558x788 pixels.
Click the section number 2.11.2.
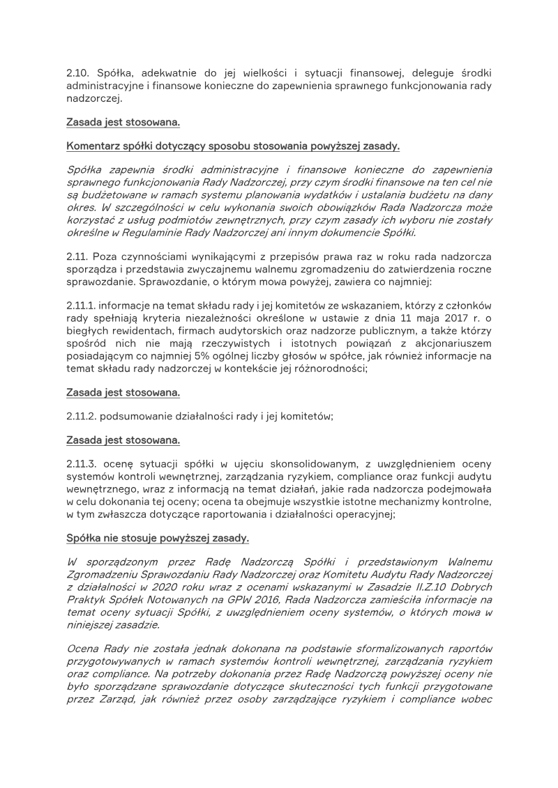tap(83, 417)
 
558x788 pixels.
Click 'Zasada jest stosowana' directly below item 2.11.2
tap(123, 440)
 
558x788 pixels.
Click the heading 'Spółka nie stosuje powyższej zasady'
tap(158, 539)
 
